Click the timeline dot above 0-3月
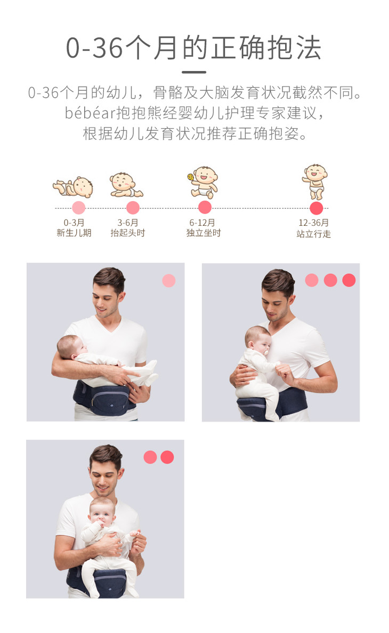click(x=78, y=208)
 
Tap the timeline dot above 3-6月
click(x=133, y=208)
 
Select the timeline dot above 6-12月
click(x=205, y=208)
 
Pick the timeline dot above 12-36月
click(x=317, y=208)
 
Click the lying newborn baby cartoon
click(x=73, y=186)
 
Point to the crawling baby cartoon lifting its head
click(x=126, y=185)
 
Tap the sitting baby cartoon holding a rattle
click(x=203, y=182)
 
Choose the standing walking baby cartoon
click(x=315, y=181)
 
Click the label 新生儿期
click(x=74, y=233)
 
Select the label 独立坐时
click(x=204, y=233)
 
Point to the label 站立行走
click(x=314, y=234)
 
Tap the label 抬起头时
click(x=128, y=233)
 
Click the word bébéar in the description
click(x=90, y=113)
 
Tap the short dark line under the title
click(x=194, y=72)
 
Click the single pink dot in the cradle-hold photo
click(x=168, y=281)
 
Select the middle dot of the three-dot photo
click(x=330, y=280)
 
